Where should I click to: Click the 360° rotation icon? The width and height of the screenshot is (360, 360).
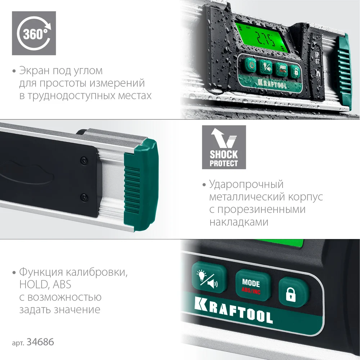[x=34, y=33]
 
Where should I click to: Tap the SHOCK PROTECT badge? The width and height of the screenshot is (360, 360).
[x=224, y=147]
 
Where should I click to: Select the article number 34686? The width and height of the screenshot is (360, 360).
[x=40, y=342]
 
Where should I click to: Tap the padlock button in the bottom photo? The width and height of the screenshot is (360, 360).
[x=293, y=292]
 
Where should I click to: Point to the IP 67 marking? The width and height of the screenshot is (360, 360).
[x=317, y=58]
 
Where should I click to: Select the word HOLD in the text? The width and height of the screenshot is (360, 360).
[x=33, y=284]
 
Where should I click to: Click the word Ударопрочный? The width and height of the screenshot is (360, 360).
[x=246, y=184]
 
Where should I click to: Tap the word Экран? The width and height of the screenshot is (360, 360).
[x=34, y=71]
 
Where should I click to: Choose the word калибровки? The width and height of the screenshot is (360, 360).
[x=96, y=272]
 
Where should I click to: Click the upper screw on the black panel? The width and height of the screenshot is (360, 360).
[x=84, y=160]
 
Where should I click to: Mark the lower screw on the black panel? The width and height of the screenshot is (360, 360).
[x=84, y=197]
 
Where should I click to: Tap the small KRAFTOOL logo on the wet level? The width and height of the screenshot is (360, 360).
[x=272, y=84]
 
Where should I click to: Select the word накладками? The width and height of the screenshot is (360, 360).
[x=239, y=222]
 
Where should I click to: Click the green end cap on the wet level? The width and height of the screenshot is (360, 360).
[x=344, y=72]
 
